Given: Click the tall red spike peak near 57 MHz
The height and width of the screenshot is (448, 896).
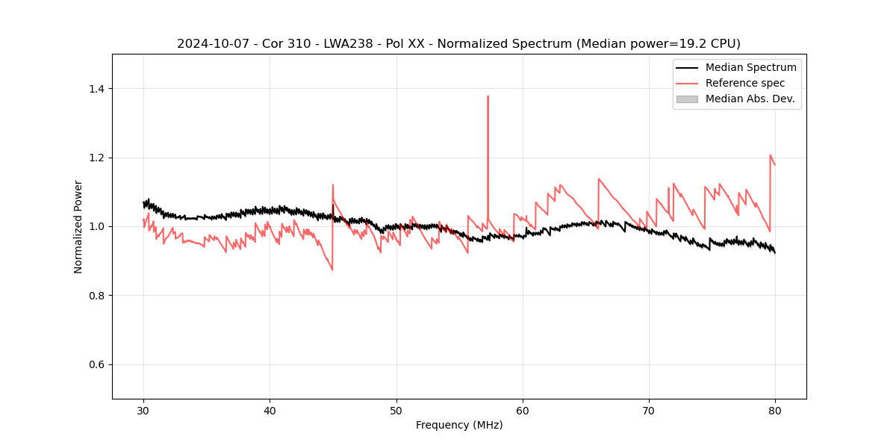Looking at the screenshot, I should [x=488, y=96].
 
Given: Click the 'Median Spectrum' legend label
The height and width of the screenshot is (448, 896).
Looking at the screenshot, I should [x=750, y=67].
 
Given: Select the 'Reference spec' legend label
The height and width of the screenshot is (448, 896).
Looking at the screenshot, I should [x=744, y=83].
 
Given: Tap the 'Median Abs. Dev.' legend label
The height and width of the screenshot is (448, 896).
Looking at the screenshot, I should [x=750, y=99].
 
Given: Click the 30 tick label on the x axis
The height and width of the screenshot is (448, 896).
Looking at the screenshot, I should [x=143, y=410].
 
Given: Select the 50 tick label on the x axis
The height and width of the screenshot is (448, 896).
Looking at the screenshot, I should [x=396, y=410].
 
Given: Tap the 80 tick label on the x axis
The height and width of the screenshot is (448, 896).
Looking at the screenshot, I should [x=775, y=410].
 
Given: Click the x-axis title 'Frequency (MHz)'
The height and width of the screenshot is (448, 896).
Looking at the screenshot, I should [x=459, y=425].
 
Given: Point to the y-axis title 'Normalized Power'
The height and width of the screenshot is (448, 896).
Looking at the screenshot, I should [x=78, y=226].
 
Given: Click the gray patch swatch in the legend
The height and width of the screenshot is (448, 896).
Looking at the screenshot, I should [x=687, y=99].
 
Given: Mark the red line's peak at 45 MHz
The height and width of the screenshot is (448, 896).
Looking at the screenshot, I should [x=333, y=185].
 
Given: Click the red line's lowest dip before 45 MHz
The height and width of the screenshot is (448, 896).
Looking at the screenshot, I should [x=332, y=270].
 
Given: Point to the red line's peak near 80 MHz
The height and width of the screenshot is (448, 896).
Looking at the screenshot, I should [x=771, y=155].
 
